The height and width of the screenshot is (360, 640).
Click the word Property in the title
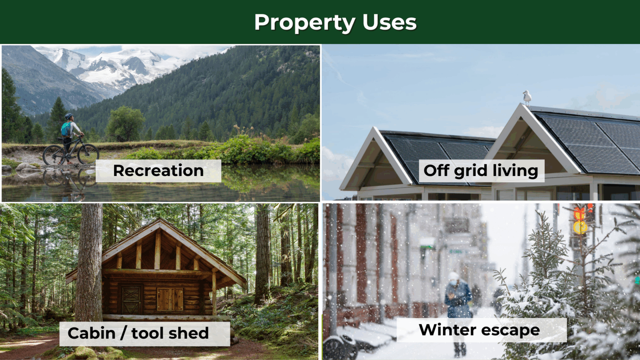(305, 23)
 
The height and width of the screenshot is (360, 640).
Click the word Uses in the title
(390, 22)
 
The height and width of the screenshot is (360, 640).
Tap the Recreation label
(158, 170)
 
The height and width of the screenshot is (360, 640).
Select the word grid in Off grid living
(470, 171)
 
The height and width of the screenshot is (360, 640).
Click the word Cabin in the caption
(92, 333)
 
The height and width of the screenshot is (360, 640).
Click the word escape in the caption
(510, 331)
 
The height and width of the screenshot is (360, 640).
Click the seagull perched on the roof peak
(526, 98)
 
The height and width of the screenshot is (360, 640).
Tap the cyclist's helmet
(69, 116)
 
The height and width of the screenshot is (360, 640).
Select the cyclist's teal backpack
(66, 130)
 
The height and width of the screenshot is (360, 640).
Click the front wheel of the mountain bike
(88, 154)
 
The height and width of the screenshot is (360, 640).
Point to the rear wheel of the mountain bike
(54, 155)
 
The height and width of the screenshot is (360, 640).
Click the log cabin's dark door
(131, 299)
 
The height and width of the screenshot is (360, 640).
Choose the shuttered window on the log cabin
(170, 299)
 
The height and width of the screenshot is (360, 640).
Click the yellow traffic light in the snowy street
(580, 227)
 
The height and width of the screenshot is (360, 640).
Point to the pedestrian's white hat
(453, 276)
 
